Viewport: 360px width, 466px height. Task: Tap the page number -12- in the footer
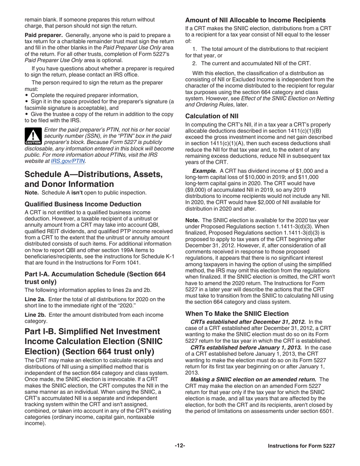[180, 446]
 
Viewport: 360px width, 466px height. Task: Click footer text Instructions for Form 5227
[301, 446]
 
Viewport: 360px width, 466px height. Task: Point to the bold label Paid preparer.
[41, 35]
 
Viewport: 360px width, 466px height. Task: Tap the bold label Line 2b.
[35, 315]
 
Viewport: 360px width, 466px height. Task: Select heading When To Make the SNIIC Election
[237, 313]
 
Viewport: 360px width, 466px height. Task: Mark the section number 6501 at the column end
[326, 410]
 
